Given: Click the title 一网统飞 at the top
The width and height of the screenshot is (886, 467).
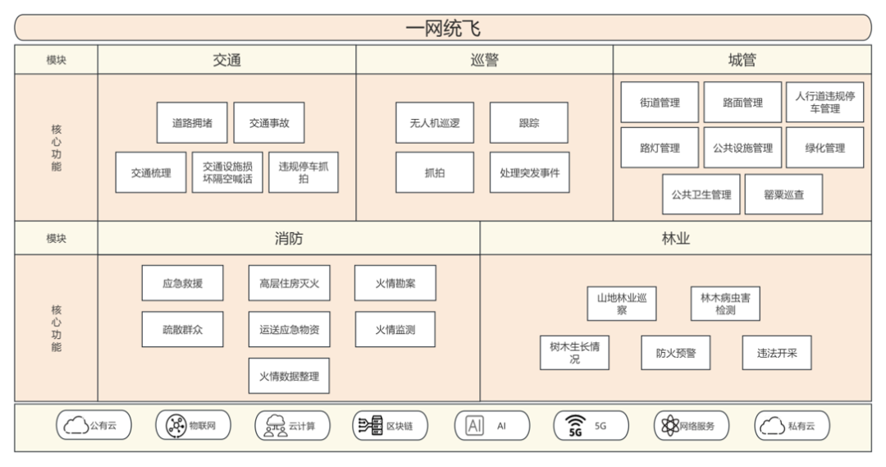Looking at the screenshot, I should [443, 29].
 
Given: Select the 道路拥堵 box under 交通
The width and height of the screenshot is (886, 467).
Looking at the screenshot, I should [192, 123].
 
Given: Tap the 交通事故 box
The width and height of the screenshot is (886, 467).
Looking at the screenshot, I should [269, 123].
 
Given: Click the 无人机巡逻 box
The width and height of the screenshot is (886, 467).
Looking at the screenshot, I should [435, 123].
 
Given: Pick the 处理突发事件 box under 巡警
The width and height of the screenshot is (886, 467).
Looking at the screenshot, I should [529, 173].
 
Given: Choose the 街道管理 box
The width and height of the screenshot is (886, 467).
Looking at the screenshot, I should [660, 103].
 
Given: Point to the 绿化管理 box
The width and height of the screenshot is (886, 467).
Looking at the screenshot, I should [824, 148].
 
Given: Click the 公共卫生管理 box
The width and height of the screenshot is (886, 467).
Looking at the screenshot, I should [701, 195].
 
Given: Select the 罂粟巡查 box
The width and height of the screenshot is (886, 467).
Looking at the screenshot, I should [783, 195].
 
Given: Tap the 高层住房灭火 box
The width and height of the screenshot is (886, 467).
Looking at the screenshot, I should [289, 283].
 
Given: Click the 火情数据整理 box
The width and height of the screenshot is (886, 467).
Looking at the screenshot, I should [289, 376].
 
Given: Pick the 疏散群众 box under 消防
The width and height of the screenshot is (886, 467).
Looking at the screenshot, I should [182, 329].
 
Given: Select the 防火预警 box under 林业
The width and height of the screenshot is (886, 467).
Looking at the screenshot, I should [676, 353].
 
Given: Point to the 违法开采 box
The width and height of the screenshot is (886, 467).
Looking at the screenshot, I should [776, 353].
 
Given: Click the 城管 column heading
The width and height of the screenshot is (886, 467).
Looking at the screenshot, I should [742, 60].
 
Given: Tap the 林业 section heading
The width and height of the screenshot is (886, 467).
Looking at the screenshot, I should [675, 239].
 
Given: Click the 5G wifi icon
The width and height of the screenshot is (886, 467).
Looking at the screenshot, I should [574, 426].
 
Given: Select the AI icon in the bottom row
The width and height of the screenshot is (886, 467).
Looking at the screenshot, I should [474, 426].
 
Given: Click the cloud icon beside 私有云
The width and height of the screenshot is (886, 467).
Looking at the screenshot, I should [771, 426].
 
